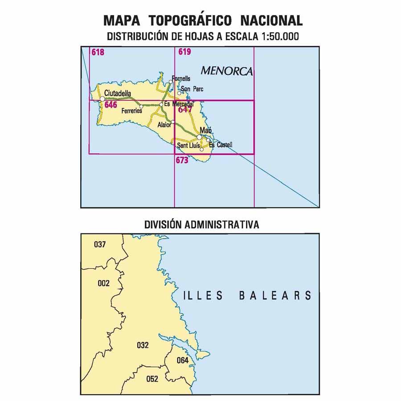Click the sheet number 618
[98, 52]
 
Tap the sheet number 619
[184, 52]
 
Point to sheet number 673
[182, 161]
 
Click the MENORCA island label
[226, 70]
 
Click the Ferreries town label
[131, 110]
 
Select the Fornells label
[181, 78]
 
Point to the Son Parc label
[192, 89]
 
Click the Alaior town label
[164, 125]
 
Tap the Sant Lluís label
[188, 146]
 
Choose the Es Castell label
[221, 145]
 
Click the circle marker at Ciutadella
[102, 99]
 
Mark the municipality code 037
[100, 244]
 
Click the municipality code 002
[103, 283]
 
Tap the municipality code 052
[152, 379]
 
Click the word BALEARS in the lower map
[275, 295]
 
